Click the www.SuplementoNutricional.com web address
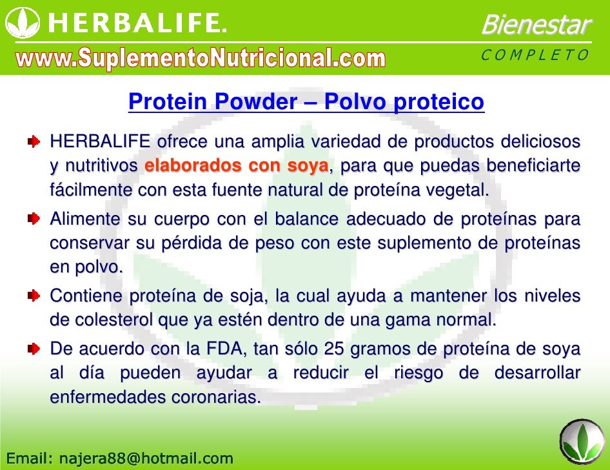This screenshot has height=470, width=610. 201,59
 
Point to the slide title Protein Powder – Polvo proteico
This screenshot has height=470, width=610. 306,102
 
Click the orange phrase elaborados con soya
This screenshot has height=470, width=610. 237,166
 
